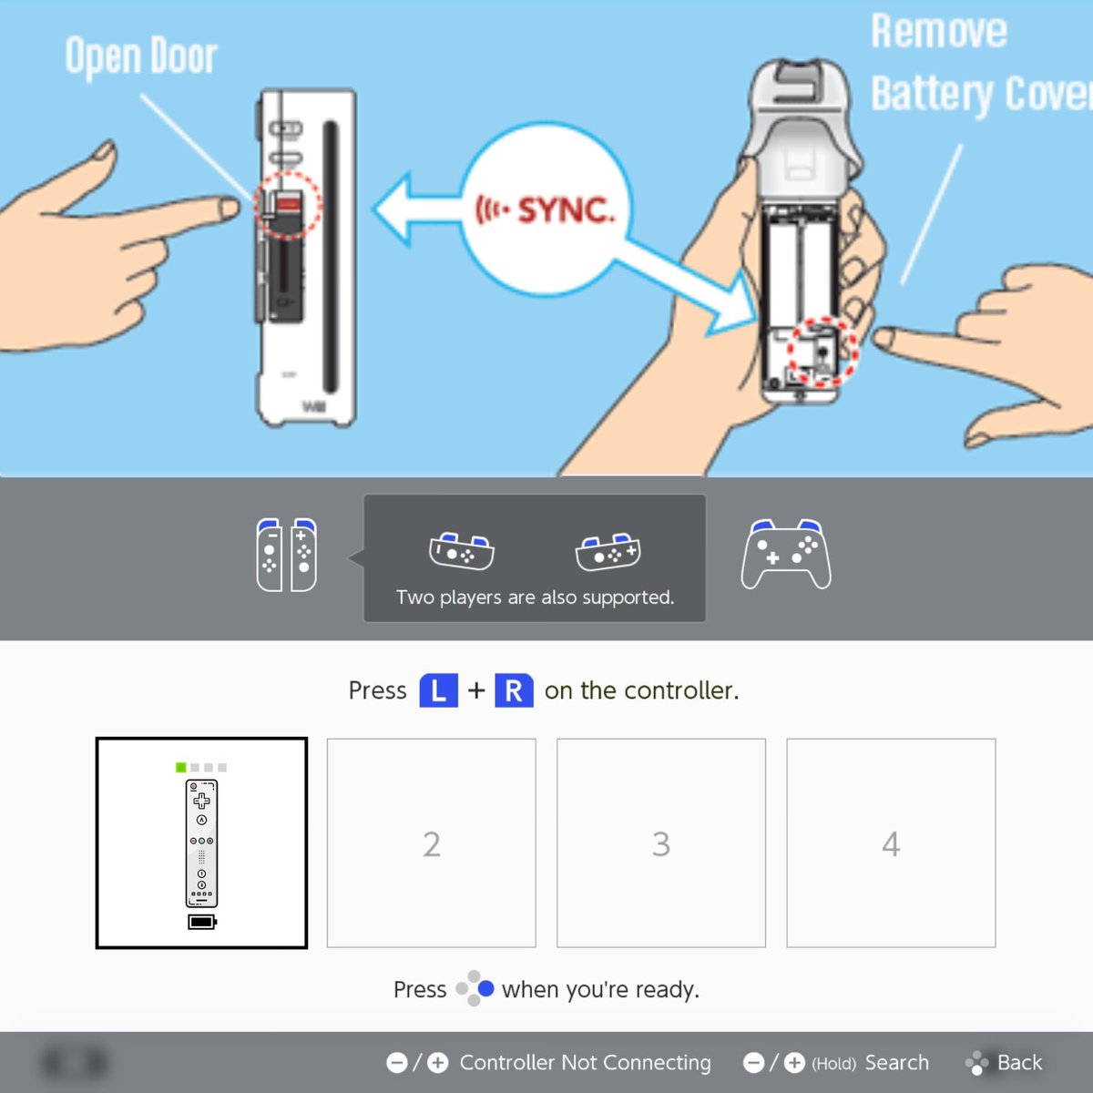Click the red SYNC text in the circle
566,211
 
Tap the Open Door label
141,56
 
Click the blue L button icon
438,690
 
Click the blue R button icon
514,690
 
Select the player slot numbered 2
431,843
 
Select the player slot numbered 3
660,843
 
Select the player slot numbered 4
891,843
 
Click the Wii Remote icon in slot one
201,843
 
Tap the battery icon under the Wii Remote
202,922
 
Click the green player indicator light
181,768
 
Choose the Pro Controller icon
785,554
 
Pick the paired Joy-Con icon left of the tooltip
286,555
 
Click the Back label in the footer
1019,1062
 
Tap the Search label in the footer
897,1062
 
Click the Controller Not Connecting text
585,1062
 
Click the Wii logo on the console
313,406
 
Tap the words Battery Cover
981,95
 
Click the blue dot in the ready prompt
485,988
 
